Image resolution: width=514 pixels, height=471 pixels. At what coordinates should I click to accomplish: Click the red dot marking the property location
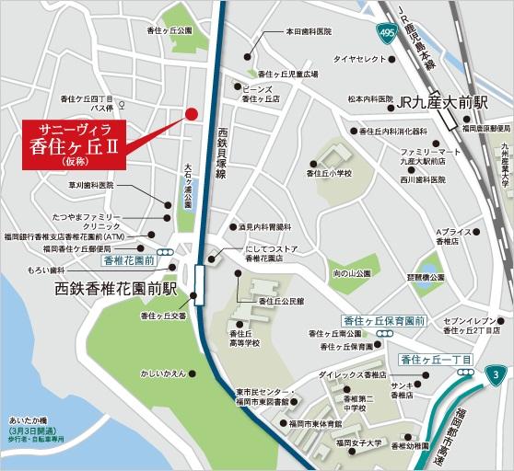click(x=192, y=114)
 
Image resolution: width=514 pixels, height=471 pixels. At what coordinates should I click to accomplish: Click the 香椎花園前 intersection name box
click(x=128, y=260)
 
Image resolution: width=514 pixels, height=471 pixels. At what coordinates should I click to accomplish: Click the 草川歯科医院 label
click(x=89, y=185)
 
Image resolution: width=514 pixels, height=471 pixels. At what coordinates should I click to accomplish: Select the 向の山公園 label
click(x=351, y=273)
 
